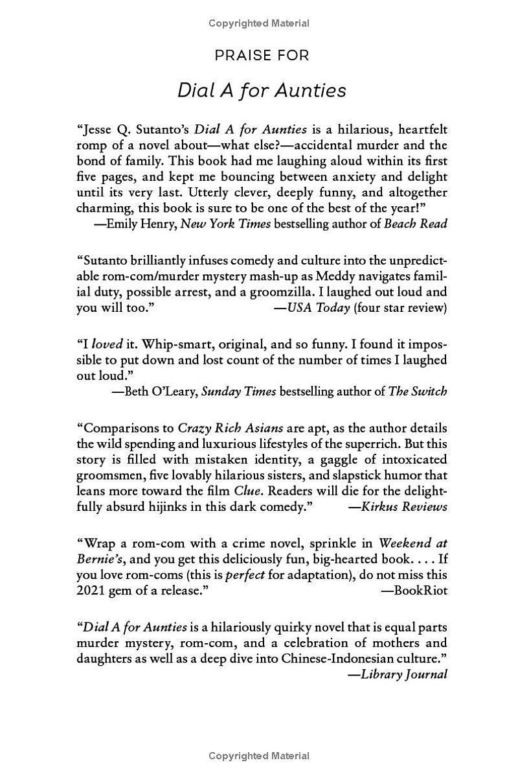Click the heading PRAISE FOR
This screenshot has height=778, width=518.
(262, 56)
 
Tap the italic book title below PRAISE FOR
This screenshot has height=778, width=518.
(262, 90)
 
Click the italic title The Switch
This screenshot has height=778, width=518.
(417, 391)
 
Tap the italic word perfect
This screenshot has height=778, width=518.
(245, 574)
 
